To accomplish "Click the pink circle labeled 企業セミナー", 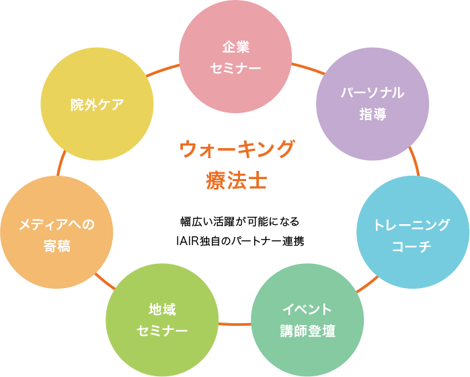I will (235, 57).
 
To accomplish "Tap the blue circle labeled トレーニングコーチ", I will (412, 232).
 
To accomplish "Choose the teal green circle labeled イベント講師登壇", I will (307, 320).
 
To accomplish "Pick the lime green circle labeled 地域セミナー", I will (162, 320).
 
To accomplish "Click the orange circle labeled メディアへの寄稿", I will (56, 232).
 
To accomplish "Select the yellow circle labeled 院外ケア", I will (97, 104).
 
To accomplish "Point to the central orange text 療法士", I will (236, 180).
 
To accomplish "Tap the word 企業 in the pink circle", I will (235, 47).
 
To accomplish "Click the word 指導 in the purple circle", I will (373, 113).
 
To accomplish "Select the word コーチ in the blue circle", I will (412, 246).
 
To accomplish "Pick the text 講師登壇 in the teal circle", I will (307, 331).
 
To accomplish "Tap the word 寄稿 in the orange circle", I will (56, 246).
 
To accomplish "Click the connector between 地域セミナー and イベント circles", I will (235, 323).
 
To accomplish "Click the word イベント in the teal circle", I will (307, 310).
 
